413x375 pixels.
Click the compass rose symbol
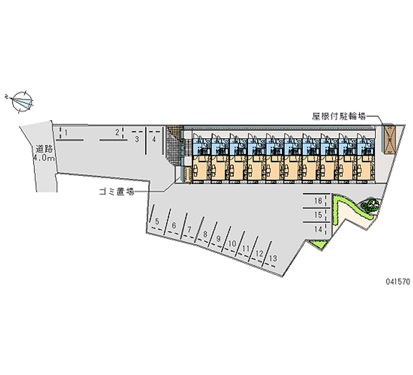point(22,101)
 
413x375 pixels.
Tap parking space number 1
point(66,133)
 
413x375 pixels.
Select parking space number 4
point(154,139)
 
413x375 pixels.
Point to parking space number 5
point(157,222)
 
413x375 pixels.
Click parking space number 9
point(218,239)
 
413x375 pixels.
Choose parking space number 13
point(273,258)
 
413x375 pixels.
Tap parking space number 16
point(318,201)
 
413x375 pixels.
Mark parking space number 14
point(318,230)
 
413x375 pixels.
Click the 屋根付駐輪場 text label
point(339,116)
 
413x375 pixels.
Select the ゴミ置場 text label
point(117,191)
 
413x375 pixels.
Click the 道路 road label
point(44,149)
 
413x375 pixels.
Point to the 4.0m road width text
point(44,158)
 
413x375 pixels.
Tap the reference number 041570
point(398,282)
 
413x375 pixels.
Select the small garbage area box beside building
point(187,174)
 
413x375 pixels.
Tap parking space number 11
point(246,249)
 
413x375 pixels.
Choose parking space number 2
point(117,133)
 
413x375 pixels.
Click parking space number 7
point(189,230)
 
